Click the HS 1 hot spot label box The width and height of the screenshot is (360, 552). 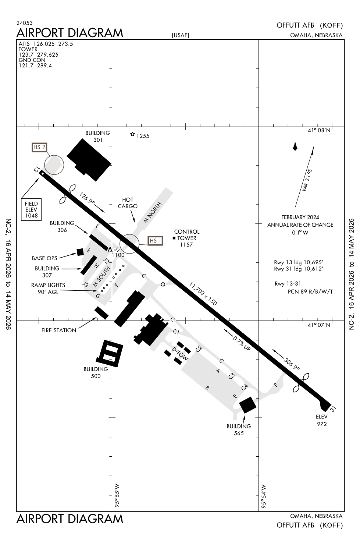pos(155,241)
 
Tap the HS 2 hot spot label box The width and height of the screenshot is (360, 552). pos(39,147)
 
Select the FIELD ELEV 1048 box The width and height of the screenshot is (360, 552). pos(31,209)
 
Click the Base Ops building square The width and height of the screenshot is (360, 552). pos(80,252)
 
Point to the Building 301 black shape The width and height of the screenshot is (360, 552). pos(89,159)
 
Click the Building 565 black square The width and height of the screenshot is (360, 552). pos(247,405)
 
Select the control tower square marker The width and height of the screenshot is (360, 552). pos(174,238)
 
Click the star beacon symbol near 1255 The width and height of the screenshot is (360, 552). pos(132,134)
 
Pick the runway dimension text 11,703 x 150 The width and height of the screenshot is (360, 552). pos(203,294)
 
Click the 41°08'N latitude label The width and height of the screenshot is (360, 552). pos(319,130)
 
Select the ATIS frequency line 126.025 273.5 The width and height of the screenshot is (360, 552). pos(46,44)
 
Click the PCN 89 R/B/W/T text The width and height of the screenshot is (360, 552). pos(310,291)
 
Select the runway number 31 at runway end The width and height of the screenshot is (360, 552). pos(333,408)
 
